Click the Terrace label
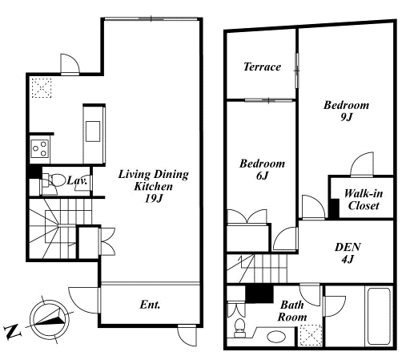(262, 67)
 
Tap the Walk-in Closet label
(364, 200)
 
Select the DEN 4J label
(348, 253)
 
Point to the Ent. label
(150, 305)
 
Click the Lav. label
(77, 180)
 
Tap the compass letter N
(13, 332)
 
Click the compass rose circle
(50, 320)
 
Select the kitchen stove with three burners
(39, 149)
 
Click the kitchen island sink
(93, 131)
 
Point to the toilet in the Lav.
(54, 180)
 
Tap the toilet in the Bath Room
(239, 328)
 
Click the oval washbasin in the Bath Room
(276, 337)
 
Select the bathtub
(379, 316)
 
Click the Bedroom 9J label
(346, 111)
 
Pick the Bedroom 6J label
(262, 169)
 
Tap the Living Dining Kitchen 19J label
(154, 186)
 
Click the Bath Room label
(292, 311)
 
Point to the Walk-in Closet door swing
(361, 164)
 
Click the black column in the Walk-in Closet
(334, 208)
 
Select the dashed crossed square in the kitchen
(42, 88)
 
